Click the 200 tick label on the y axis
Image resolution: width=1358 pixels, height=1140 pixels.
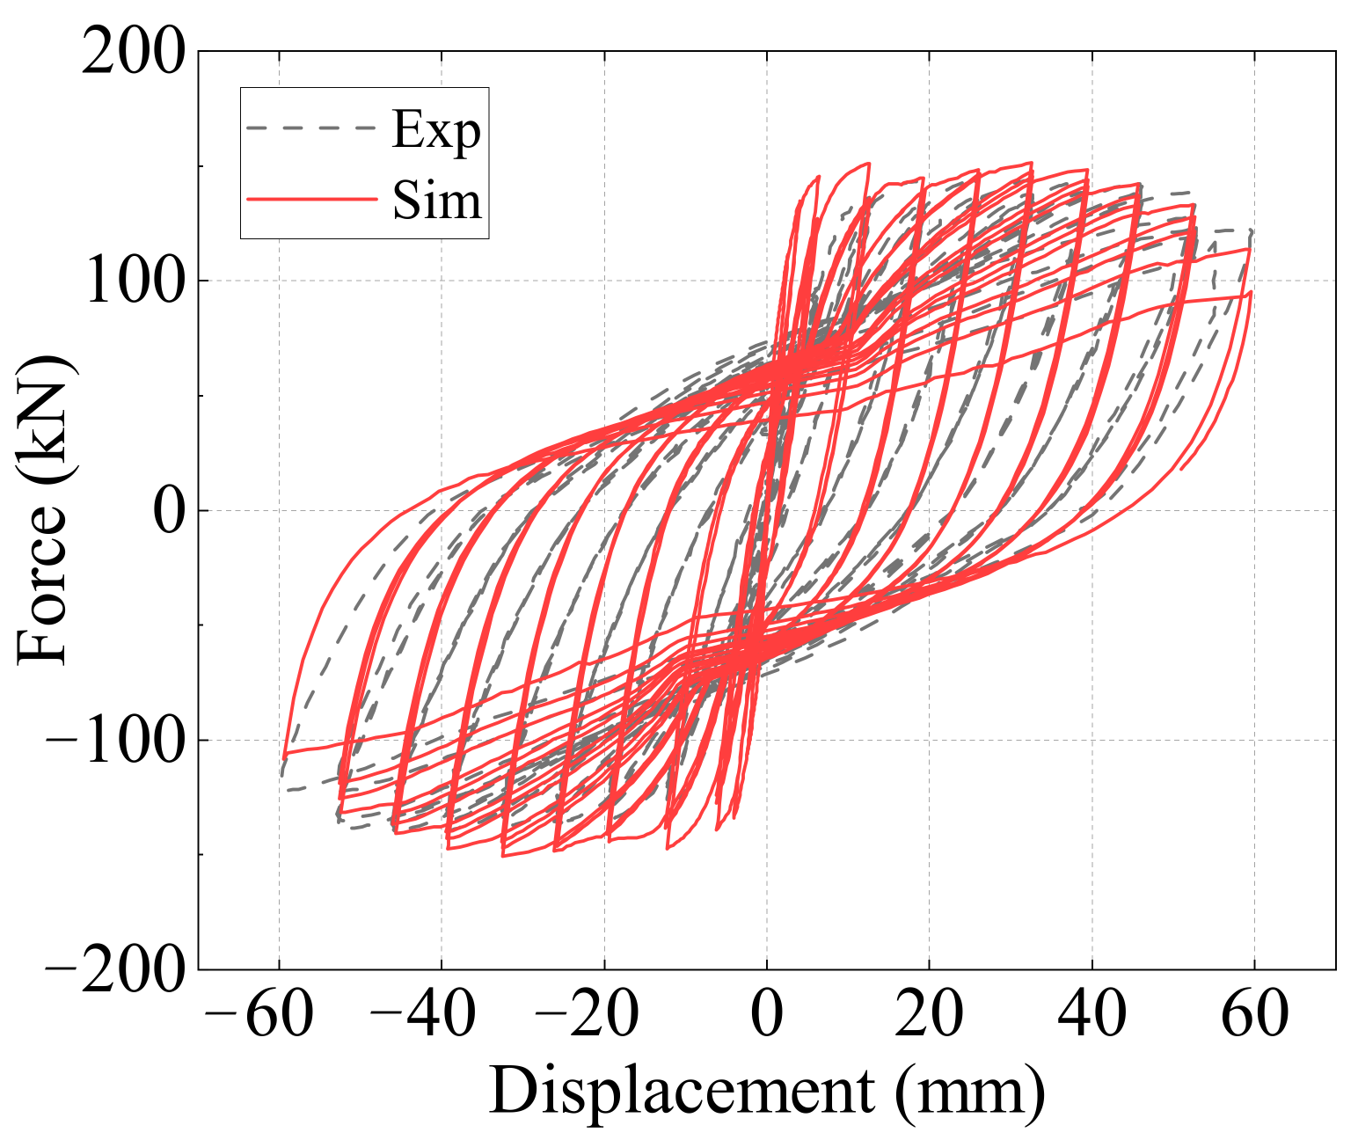(x=134, y=53)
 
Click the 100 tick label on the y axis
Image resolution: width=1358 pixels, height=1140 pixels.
(x=134, y=281)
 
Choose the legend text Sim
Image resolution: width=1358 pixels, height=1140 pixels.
(x=437, y=200)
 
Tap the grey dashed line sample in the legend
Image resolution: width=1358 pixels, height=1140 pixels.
(x=311, y=128)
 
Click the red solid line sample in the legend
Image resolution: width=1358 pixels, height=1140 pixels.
(x=311, y=199)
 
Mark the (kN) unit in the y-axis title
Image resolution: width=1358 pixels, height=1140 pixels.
(x=42, y=422)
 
